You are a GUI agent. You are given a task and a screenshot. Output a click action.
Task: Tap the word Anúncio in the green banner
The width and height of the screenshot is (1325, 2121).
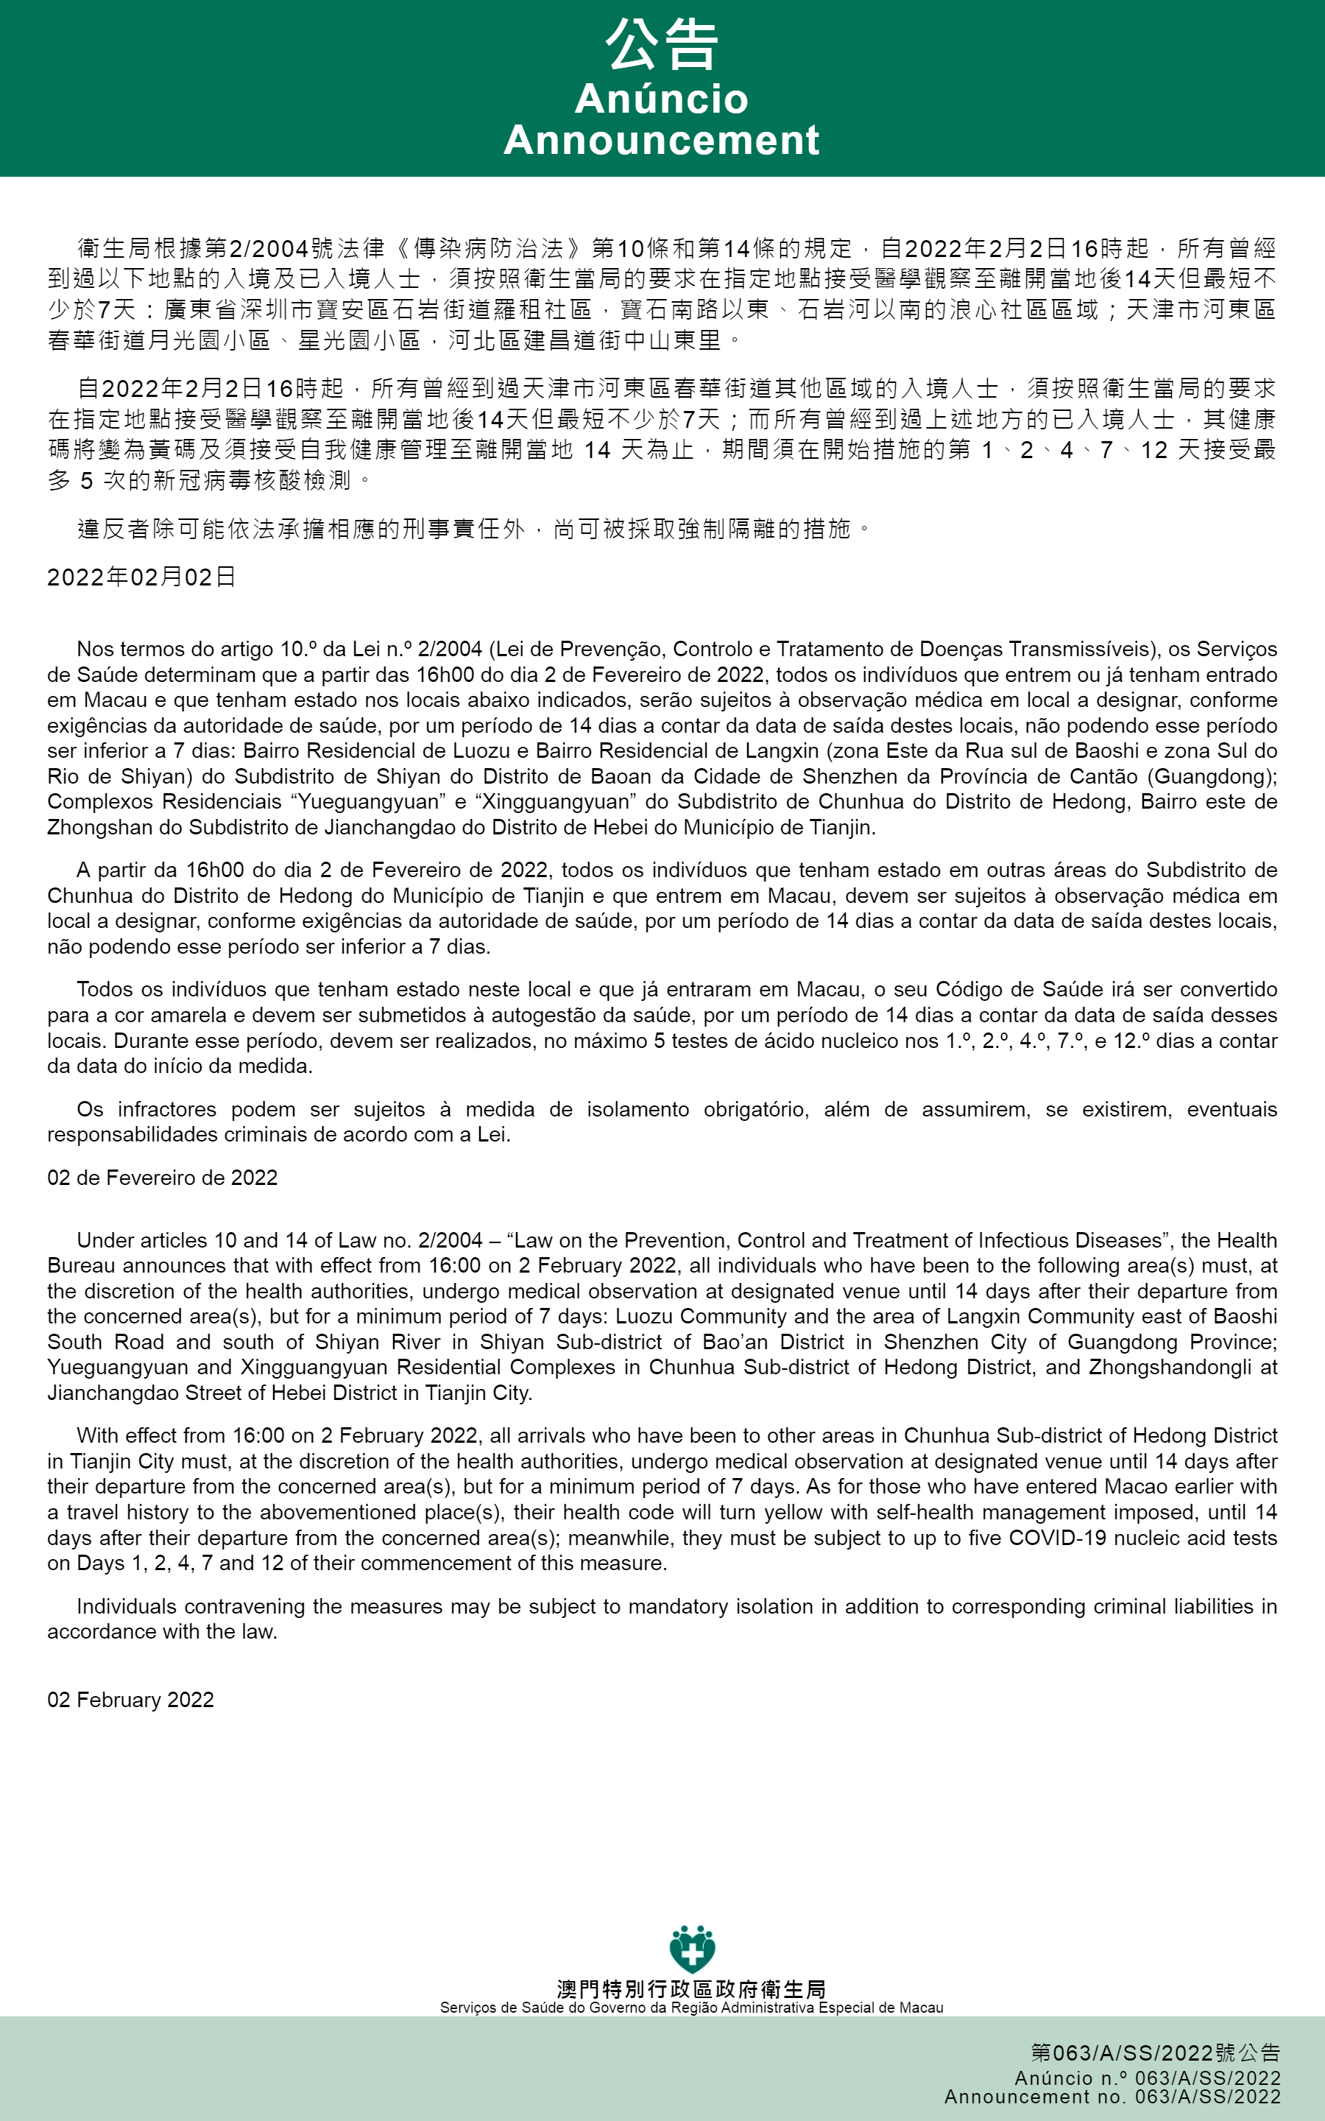(662, 98)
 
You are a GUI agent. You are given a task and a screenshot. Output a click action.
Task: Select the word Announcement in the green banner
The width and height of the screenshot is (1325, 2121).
(662, 140)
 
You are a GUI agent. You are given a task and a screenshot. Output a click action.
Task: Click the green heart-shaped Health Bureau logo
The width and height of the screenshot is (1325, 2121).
(691, 1950)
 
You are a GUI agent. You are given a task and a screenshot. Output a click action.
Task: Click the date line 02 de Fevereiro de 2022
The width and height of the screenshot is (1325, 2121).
(162, 1177)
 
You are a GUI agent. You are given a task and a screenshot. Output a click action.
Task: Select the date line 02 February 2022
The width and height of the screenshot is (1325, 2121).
(130, 1700)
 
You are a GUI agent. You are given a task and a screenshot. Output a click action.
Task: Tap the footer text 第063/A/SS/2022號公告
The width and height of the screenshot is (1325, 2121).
(1155, 2053)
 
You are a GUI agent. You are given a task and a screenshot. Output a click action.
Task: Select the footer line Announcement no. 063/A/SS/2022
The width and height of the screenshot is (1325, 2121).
(1112, 2097)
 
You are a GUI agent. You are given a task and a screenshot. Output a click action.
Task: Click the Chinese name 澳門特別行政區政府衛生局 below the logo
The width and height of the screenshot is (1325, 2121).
(691, 1989)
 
